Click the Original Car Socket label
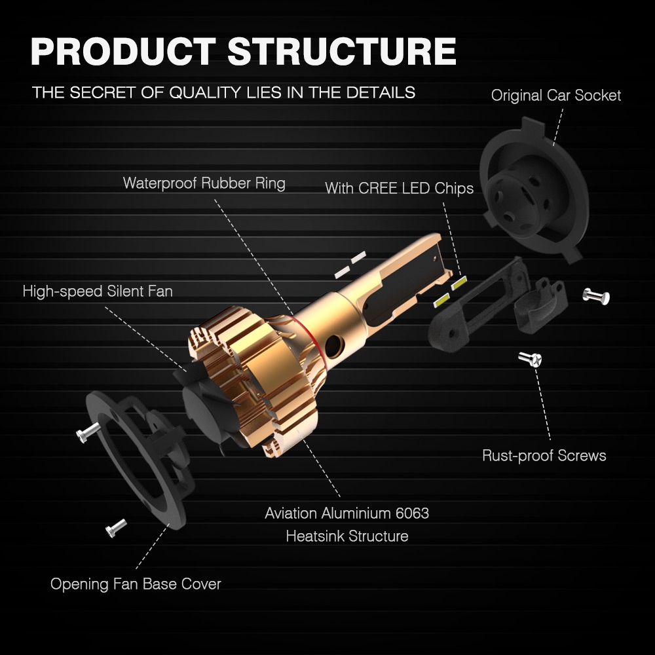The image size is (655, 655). (556, 96)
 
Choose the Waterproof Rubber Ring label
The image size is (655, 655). (204, 183)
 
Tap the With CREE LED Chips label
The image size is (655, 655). (399, 189)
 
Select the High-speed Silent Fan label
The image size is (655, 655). (98, 291)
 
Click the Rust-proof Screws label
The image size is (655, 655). (544, 455)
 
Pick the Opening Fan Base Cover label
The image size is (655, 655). (136, 584)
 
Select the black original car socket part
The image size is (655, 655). (534, 190)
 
